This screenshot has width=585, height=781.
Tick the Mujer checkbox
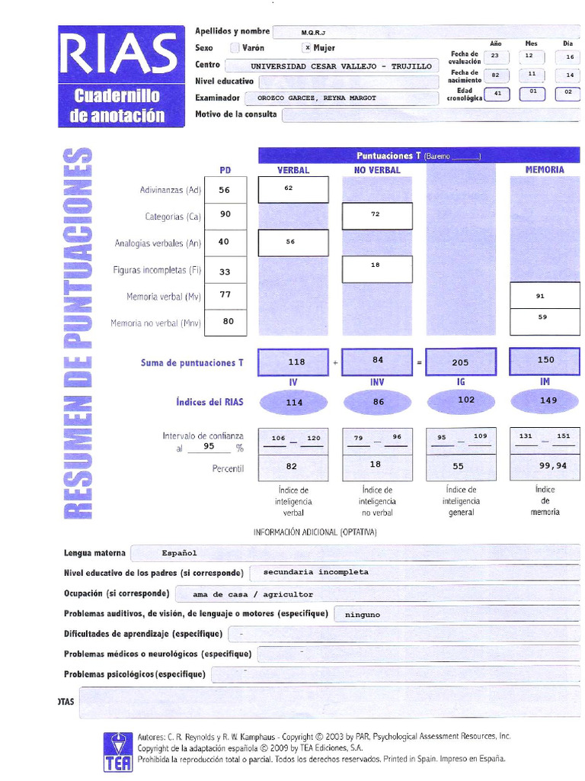[x=307, y=47]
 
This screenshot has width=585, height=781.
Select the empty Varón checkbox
[x=235, y=47]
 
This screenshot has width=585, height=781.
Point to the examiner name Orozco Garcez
[x=317, y=98]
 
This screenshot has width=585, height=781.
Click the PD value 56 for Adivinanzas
[x=225, y=191]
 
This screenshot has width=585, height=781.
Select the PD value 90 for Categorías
[x=225, y=215]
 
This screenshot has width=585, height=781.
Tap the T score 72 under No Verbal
[x=376, y=215]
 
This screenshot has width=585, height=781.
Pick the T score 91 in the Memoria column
[x=541, y=296]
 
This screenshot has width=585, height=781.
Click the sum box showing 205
[x=460, y=363]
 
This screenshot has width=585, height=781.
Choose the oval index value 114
[x=294, y=403]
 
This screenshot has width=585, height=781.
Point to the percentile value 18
[x=376, y=464]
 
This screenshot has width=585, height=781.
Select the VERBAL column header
[x=293, y=170]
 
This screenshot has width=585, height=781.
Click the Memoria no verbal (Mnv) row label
[x=155, y=323]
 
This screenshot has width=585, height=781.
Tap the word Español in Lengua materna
[x=179, y=553]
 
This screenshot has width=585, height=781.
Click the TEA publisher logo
[x=118, y=751]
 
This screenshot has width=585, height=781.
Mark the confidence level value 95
[x=208, y=447]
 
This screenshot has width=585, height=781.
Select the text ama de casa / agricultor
[x=253, y=594]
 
